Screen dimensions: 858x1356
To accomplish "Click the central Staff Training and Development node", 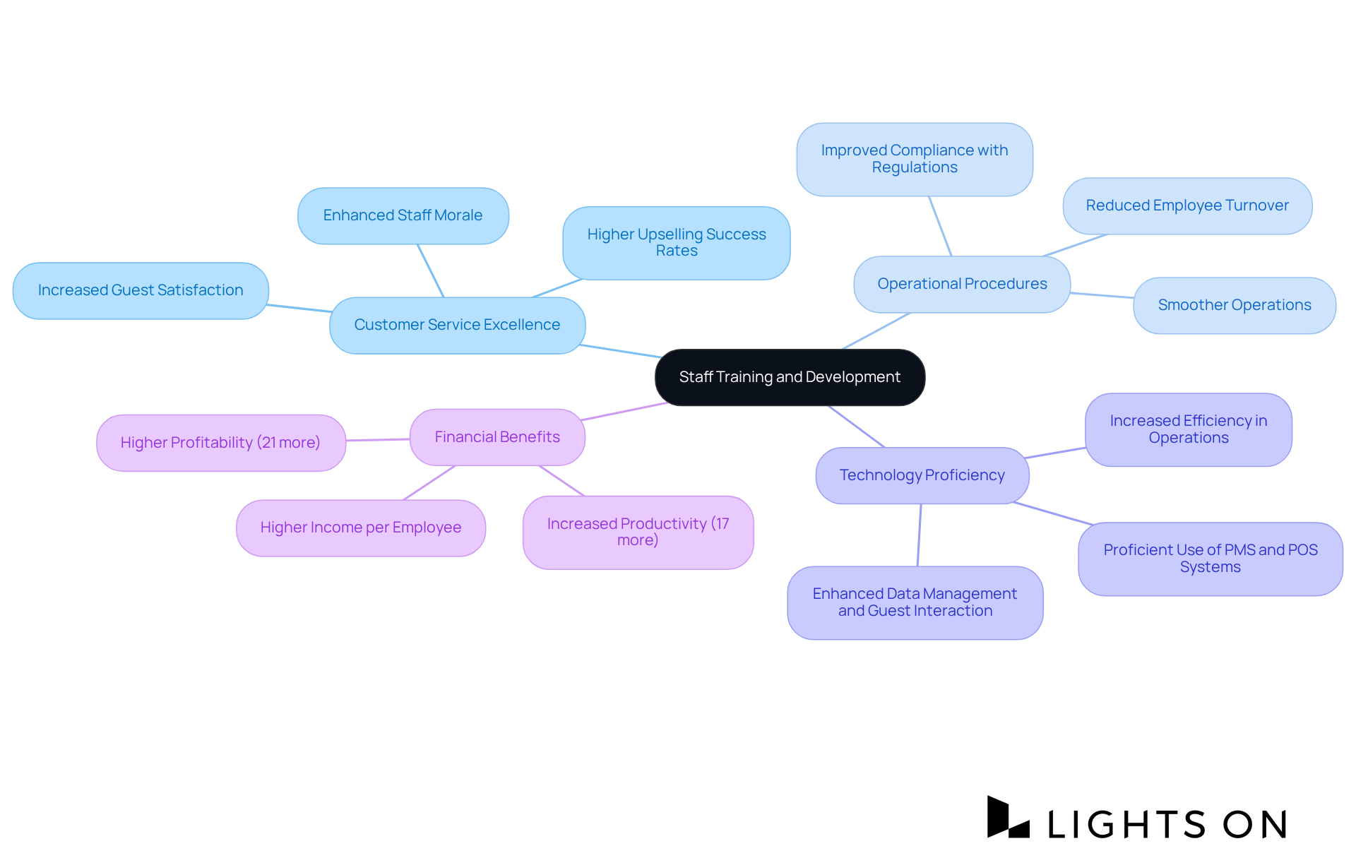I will click(790, 377).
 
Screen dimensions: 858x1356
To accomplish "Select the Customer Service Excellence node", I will click(457, 325).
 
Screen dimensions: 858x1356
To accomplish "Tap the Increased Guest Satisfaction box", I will click(141, 290).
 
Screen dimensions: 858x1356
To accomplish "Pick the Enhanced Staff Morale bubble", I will click(403, 215).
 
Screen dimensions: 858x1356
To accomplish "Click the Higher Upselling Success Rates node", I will click(676, 242).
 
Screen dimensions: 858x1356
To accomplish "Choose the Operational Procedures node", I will click(962, 284).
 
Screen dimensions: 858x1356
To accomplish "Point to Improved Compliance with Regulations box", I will click(914, 159).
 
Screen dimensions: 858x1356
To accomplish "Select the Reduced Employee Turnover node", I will click(1186, 205).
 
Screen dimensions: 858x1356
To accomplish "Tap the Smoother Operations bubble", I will click(1234, 305).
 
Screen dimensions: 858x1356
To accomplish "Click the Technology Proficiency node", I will click(922, 475).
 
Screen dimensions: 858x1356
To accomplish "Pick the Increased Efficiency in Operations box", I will click(1188, 429).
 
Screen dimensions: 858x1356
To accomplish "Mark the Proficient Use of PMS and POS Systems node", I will click(1210, 559).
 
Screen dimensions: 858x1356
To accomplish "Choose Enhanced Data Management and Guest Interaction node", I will click(915, 602).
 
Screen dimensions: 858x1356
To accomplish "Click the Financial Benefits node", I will click(497, 437).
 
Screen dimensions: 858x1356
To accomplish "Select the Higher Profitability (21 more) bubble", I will click(220, 443).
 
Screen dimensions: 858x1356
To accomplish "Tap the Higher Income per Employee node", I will click(360, 528).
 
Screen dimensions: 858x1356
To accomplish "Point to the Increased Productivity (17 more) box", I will click(638, 532).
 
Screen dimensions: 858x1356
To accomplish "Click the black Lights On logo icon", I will click(1008, 818).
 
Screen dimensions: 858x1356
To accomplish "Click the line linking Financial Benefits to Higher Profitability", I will click(378, 439).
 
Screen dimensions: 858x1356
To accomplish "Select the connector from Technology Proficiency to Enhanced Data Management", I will click(919, 535).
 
